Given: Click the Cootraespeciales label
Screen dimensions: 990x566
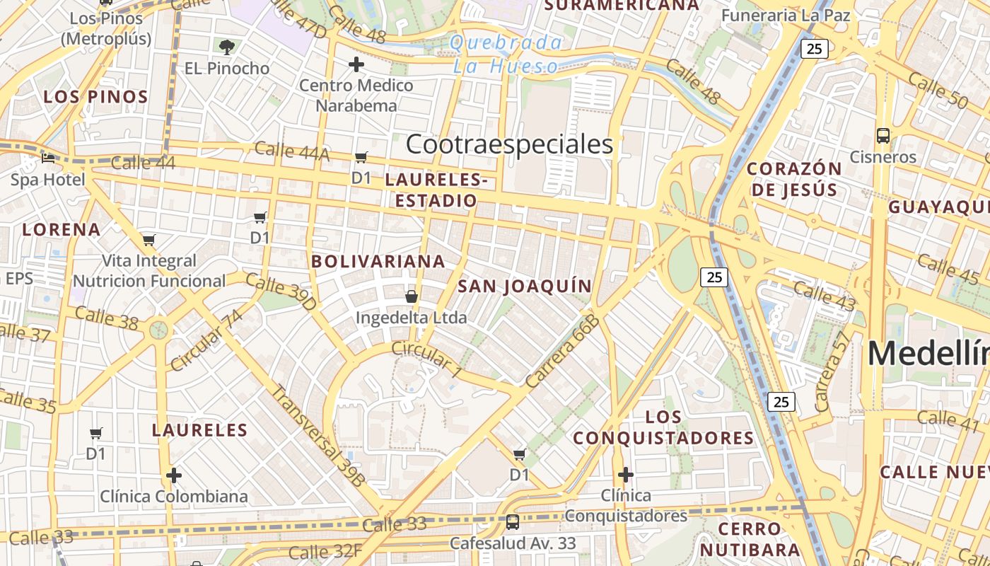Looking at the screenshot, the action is (509, 144).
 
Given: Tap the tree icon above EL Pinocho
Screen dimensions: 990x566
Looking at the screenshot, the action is (226, 47).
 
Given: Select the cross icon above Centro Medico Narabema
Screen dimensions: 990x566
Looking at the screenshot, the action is (356, 65).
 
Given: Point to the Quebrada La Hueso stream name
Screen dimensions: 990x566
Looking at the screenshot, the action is (506, 54).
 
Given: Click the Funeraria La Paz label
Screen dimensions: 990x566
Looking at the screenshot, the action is (786, 15).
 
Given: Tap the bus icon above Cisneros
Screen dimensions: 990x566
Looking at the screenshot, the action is (883, 135).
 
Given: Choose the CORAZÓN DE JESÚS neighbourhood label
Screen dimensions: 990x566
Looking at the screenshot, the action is (794, 179).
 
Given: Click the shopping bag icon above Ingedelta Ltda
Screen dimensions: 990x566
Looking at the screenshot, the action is (411, 296).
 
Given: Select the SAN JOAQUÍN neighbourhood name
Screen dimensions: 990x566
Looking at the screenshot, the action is (524, 286).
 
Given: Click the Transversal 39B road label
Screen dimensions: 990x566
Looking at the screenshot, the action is (318, 435).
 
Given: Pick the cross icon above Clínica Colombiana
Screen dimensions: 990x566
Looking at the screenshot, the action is (174, 475).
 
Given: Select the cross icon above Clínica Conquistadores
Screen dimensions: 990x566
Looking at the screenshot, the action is (625, 474).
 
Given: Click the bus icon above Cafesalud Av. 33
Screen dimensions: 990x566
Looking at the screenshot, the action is (513, 523).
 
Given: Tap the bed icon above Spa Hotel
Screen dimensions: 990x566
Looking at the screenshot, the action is (48, 158).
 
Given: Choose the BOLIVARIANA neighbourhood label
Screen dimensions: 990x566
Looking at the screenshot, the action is (378, 261).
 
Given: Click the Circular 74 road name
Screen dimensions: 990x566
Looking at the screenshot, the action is (206, 340).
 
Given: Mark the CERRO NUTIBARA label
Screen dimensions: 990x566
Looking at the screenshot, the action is (750, 539).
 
